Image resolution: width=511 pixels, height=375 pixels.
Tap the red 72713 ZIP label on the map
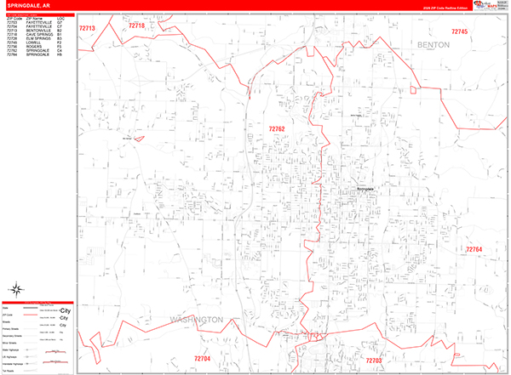88,28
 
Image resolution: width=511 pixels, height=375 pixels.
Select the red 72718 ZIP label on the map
137,26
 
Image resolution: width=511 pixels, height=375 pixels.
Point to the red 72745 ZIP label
459,31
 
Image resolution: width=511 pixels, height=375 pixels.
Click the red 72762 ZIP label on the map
277,129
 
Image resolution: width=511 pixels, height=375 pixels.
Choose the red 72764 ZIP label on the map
474,249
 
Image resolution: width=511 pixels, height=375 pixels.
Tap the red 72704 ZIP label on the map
202,359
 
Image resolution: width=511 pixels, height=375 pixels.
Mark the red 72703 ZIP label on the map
374,361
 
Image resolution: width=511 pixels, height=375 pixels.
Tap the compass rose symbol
17,288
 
